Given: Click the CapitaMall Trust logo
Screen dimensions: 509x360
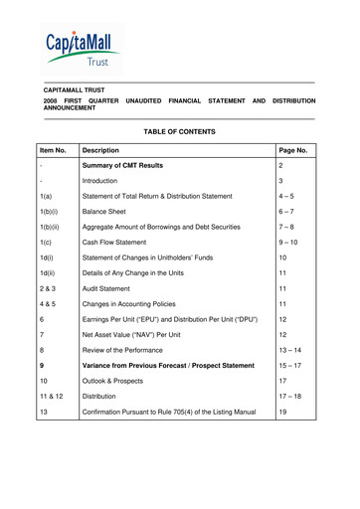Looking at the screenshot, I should point(81,48).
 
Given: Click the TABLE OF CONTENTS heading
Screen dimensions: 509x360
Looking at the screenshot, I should point(179,131).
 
